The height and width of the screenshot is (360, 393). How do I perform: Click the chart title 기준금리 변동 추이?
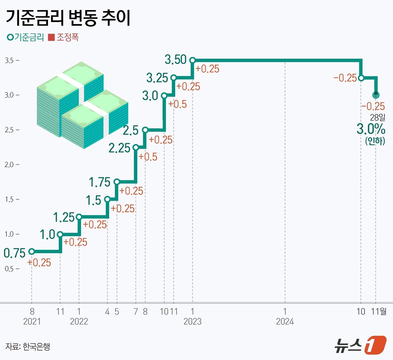pyautogui.click(x=68, y=18)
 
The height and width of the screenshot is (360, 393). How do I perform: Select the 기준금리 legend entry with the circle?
pyautogui.click(x=25, y=37)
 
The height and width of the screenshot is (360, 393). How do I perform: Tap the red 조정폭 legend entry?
pyautogui.click(x=63, y=37)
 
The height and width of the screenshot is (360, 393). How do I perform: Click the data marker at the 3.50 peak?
pyautogui.click(x=192, y=60)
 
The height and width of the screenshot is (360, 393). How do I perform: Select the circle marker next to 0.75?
pyautogui.click(x=32, y=251)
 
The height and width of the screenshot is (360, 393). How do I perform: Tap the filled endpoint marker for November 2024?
pyautogui.click(x=376, y=95)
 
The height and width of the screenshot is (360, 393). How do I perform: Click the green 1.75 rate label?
pyautogui.click(x=99, y=182)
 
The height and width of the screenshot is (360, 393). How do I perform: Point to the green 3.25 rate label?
pyautogui.click(x=157, y=78)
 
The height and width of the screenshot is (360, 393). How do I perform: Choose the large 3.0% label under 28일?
pyautogui.click(x=371, y=129)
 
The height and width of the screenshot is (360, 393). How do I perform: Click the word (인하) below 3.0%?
pyautogui.click(x=375, y=140)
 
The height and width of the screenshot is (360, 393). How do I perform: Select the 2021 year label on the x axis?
pyautogui.click(x=32, y=321)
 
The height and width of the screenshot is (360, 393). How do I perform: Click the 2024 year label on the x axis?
pyautogui.click(x=285, y=321)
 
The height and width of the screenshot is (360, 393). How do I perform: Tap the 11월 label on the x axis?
pyautogui.click(x=379, y=311)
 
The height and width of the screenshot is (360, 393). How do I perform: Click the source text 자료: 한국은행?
pyautogui.click(x=28, y=347)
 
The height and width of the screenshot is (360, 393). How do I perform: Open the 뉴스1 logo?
pyautogui.click(x=360, y=345)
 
